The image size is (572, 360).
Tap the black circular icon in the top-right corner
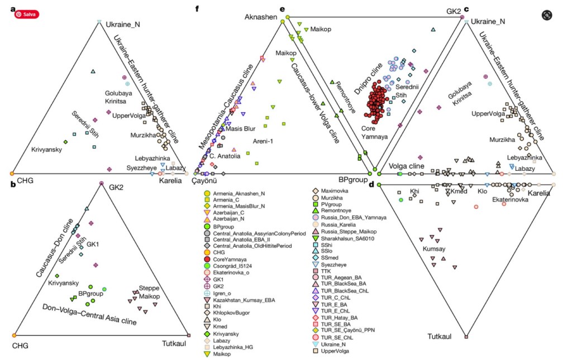tap(546, 15)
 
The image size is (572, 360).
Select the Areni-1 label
tap(264, 141)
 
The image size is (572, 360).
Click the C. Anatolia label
tap(225, 156)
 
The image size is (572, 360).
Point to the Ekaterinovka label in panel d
tap(510, 199)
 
